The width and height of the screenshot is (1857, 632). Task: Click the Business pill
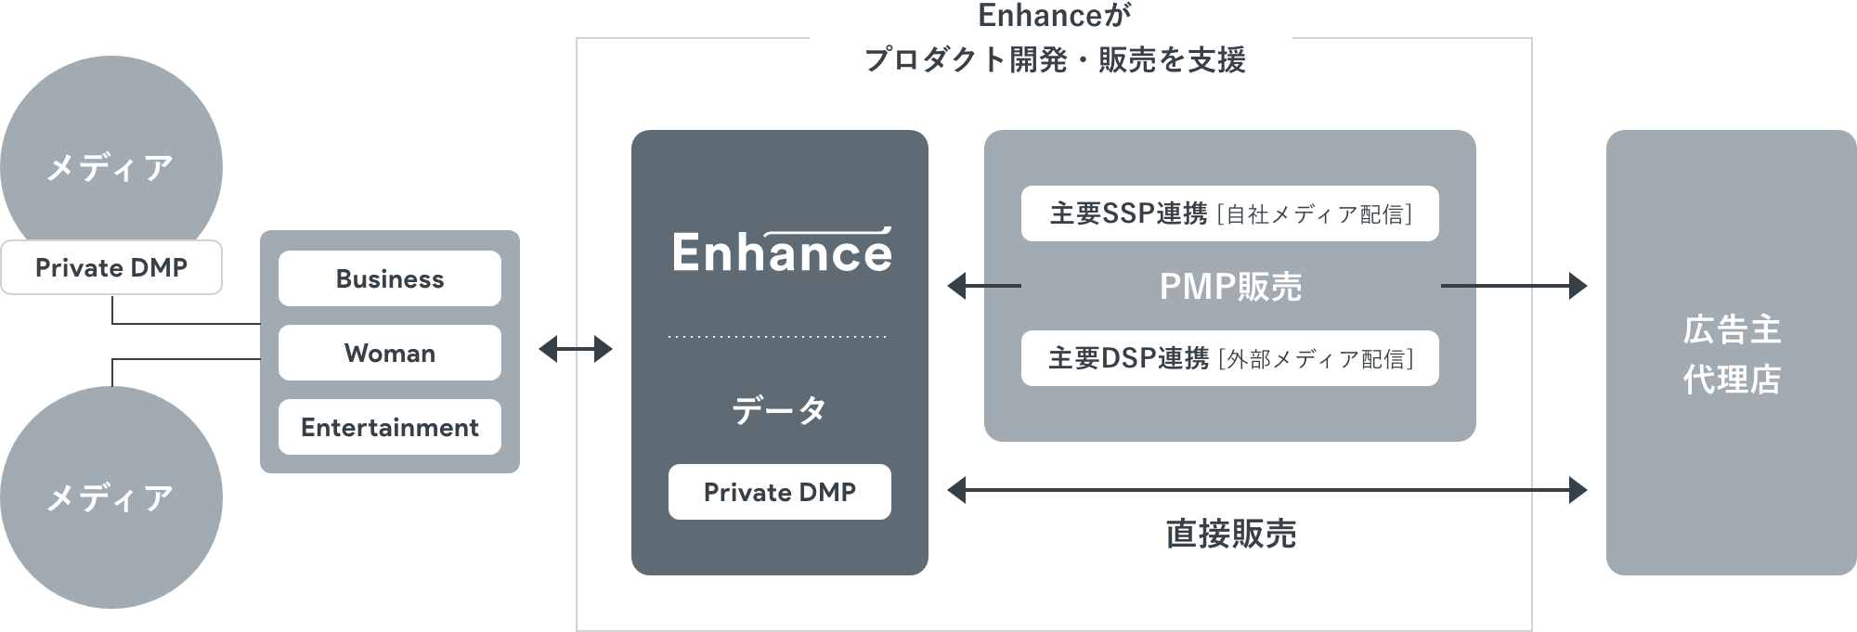click(x=390, y=278)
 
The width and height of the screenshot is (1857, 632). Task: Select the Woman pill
click(x=390, y=353)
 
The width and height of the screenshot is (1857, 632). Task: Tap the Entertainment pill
click(x=390, y=427)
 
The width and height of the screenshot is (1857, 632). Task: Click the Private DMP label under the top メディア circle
click(x=111, y=267)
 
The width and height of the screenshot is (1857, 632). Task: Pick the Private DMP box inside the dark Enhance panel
click(x=780, y=492)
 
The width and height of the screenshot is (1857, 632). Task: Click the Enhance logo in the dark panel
click(x=782, y=251)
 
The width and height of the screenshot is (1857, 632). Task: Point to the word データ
click(x=779, y=409)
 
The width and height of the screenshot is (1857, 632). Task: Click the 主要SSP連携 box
click(x=1230, y=214)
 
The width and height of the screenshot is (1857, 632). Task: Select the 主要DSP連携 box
click(x=1230, y=358)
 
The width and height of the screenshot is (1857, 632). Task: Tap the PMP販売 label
click(x=1230, y=287)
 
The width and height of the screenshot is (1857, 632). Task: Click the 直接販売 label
click(x=1230, y=534)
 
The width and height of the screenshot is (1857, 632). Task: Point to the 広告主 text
click(x=1732, y=329)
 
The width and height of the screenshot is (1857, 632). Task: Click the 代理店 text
click(x=1732, y=380)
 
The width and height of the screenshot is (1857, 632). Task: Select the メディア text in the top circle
click(x=110, y=168)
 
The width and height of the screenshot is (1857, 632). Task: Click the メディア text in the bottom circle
click(x=110, y=498)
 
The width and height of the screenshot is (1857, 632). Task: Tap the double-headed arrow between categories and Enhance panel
click(x=576, y=350)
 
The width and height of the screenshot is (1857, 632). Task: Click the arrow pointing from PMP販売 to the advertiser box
click(x=1513, y=286)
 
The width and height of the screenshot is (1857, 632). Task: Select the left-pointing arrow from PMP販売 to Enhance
click(x=983, y=286)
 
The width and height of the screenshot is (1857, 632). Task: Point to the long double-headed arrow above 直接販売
click(x=1267, y=489)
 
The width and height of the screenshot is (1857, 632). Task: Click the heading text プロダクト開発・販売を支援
click(x=1055, y=60)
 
